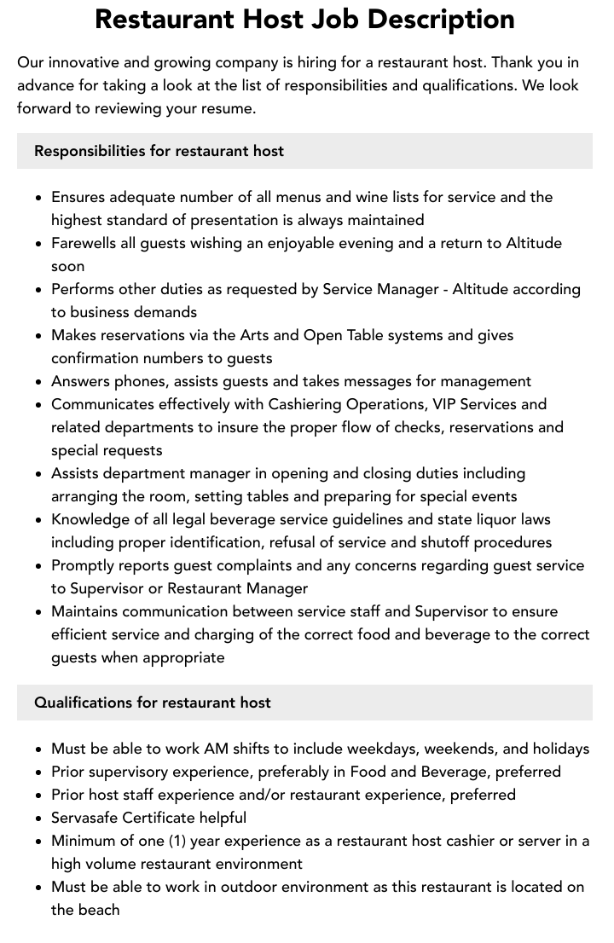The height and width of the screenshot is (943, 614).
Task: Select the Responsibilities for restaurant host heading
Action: pos(159,151)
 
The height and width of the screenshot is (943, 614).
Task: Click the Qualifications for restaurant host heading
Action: pos(153,703)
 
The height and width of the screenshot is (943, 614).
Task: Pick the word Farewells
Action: pos(84,243)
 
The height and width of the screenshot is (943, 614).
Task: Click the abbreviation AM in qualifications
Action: pos(216,749)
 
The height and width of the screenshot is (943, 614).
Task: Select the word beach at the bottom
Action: pos(99,910)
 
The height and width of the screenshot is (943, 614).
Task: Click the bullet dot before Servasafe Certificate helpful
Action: pos(38,819)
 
